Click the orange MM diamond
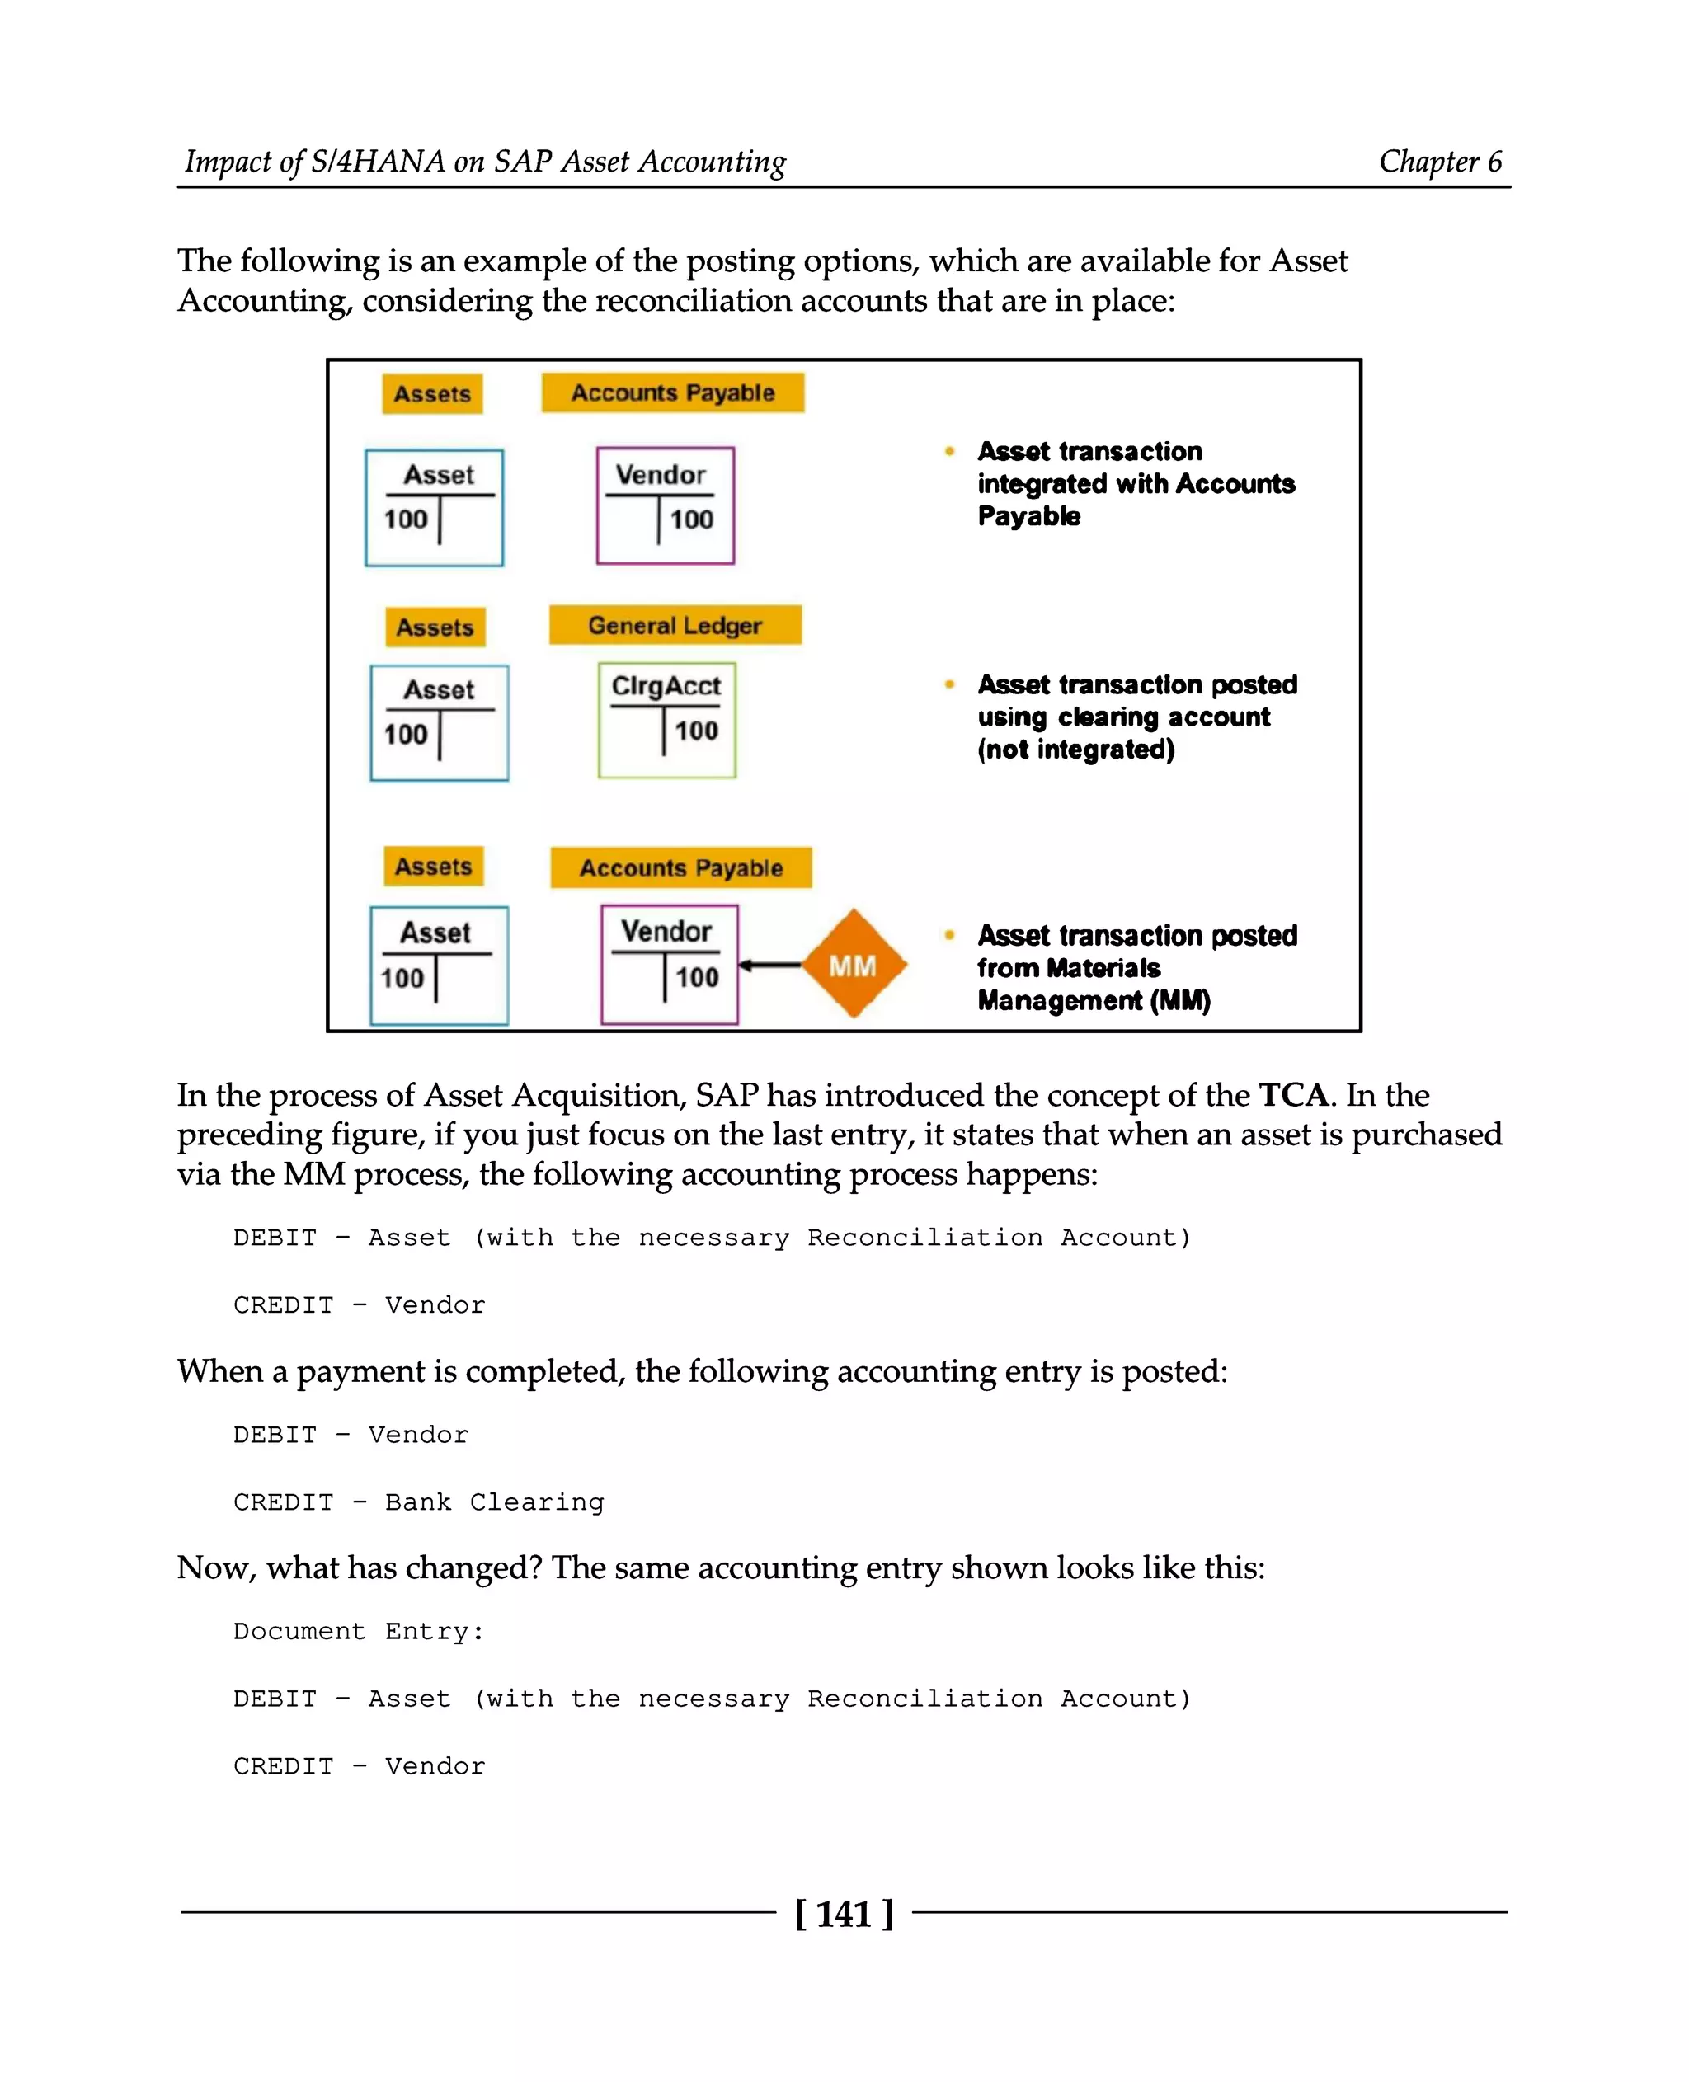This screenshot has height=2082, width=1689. [x=854, y=964]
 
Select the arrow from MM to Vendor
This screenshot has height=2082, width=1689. [x=770, y=965]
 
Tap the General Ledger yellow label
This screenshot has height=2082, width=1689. [x=675, y=626]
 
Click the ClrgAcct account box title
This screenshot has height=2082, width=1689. [x=666, y=686]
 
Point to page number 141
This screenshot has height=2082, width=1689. [x=844, y=1914]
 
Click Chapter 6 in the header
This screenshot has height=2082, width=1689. [x=1440, y=162]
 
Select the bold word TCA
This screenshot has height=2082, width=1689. [x=1293, y=1096]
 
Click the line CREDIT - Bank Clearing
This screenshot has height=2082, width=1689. [x=418, y=1502]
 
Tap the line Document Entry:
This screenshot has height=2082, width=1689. [x=358, y=1632]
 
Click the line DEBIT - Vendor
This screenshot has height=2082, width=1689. [x=351, y=1435]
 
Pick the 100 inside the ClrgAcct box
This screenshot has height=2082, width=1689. [x=697, y=731]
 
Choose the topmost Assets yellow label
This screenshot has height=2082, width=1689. [x=432, y=394]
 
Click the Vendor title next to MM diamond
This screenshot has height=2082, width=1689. [x=666, y=931]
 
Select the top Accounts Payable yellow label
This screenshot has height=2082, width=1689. [x=672, y=393]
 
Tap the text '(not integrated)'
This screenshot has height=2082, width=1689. [x=1076, y=750]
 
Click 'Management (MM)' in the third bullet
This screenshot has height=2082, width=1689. [x=1094, y=1000]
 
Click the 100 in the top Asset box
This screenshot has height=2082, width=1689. [x=406, y=519]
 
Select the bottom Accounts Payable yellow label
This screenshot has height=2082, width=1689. [x=681, y=867]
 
